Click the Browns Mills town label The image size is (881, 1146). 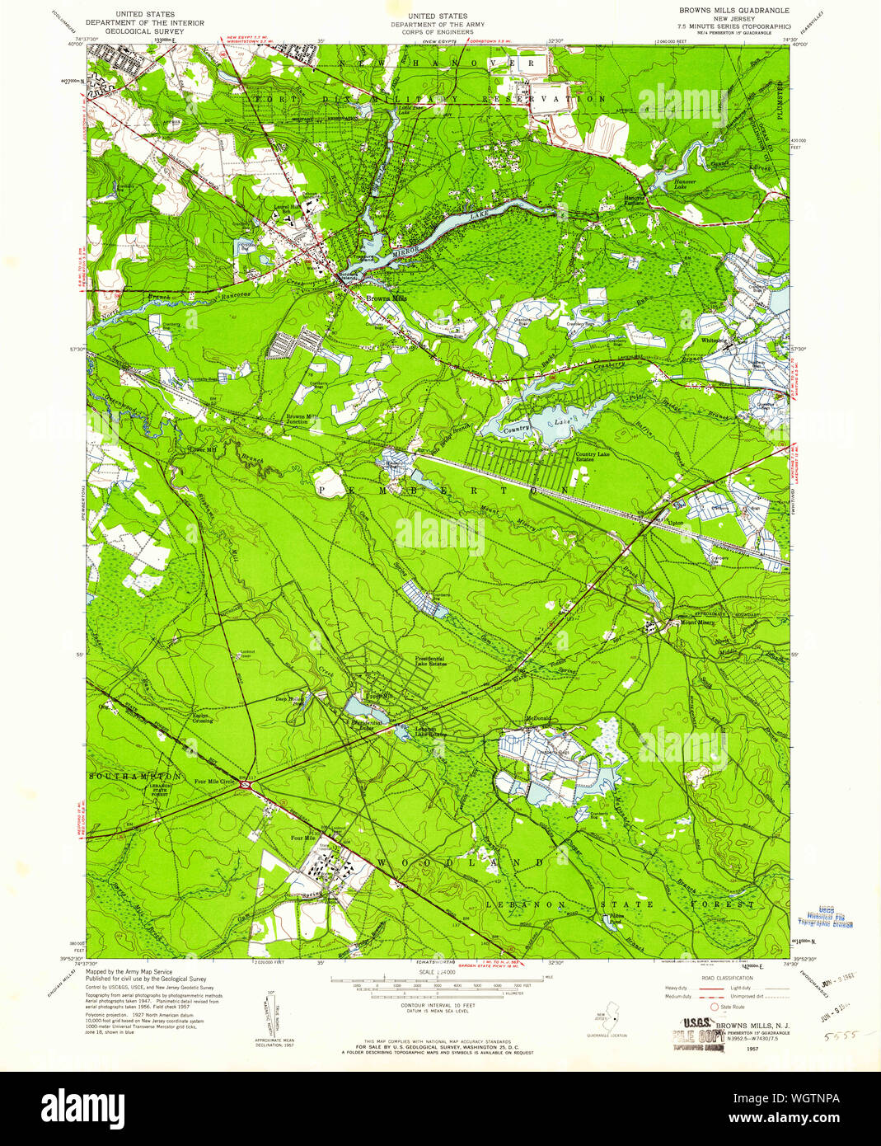coord(387,298)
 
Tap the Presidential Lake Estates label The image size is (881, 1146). coord(429,661)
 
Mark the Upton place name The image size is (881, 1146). coord(676,523)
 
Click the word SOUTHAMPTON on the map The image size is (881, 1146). coord(134,777)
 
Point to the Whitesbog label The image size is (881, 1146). coord(711,340)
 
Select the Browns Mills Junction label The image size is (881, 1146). coord(302,419)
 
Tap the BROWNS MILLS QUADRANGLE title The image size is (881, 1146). coord(733,11)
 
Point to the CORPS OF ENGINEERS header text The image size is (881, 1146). coord(438,31)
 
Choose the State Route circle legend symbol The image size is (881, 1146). coord(714,1007)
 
